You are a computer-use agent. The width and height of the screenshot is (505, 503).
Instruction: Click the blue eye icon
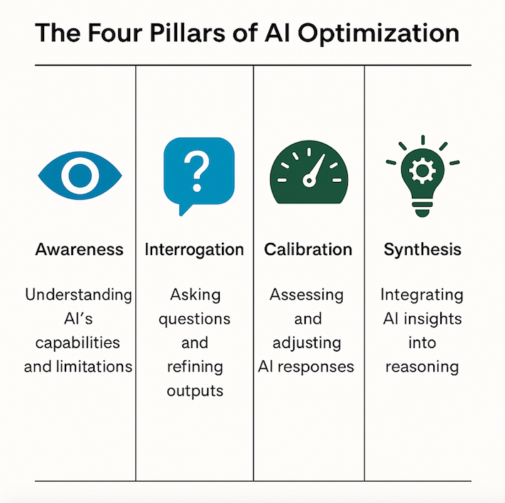click(80, 175)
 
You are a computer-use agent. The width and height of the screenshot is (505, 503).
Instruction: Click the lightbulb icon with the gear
click(422, 180)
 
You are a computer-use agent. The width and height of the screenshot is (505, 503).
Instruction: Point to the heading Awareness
click(79, 249)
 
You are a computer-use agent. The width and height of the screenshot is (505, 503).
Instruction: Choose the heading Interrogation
click(194, 250)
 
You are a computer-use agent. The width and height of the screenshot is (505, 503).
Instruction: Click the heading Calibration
click(308, 249)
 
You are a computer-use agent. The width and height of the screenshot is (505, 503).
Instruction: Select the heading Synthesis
click(422, 250)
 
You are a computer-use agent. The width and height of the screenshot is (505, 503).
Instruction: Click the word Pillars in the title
click(188, 33)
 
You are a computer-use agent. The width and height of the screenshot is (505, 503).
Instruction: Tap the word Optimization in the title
click(378, 33)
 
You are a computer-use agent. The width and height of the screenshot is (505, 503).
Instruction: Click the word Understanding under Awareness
click(78, 296)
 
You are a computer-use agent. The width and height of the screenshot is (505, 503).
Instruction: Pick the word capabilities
click(78, 343)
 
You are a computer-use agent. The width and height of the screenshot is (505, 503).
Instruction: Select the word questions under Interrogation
click(194, 320)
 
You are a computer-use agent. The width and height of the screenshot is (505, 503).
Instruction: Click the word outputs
click(195, 391)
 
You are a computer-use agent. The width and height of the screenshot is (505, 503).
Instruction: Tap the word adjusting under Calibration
click(307, 343)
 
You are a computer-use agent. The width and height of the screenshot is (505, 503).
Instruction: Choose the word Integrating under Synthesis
click(422, 296)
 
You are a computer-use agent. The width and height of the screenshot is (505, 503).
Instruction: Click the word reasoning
click(422, 367)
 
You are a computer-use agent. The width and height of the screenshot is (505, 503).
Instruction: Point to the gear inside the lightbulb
click(422, 171)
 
